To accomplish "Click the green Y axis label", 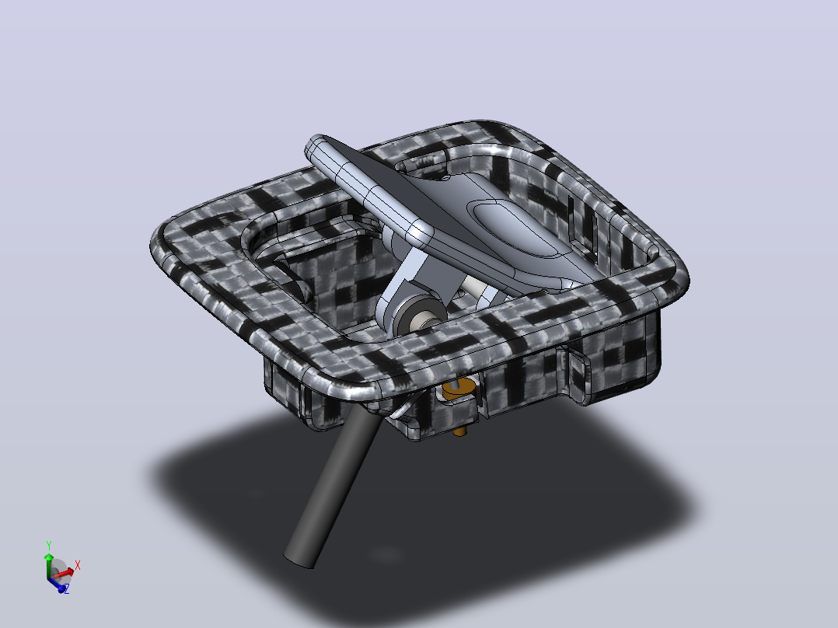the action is pos(49,545).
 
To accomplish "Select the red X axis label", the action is pos(78,565).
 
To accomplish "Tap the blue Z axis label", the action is pos(67,589).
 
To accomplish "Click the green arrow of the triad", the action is pos(49,566).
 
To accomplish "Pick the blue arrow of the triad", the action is pos(56,584).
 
